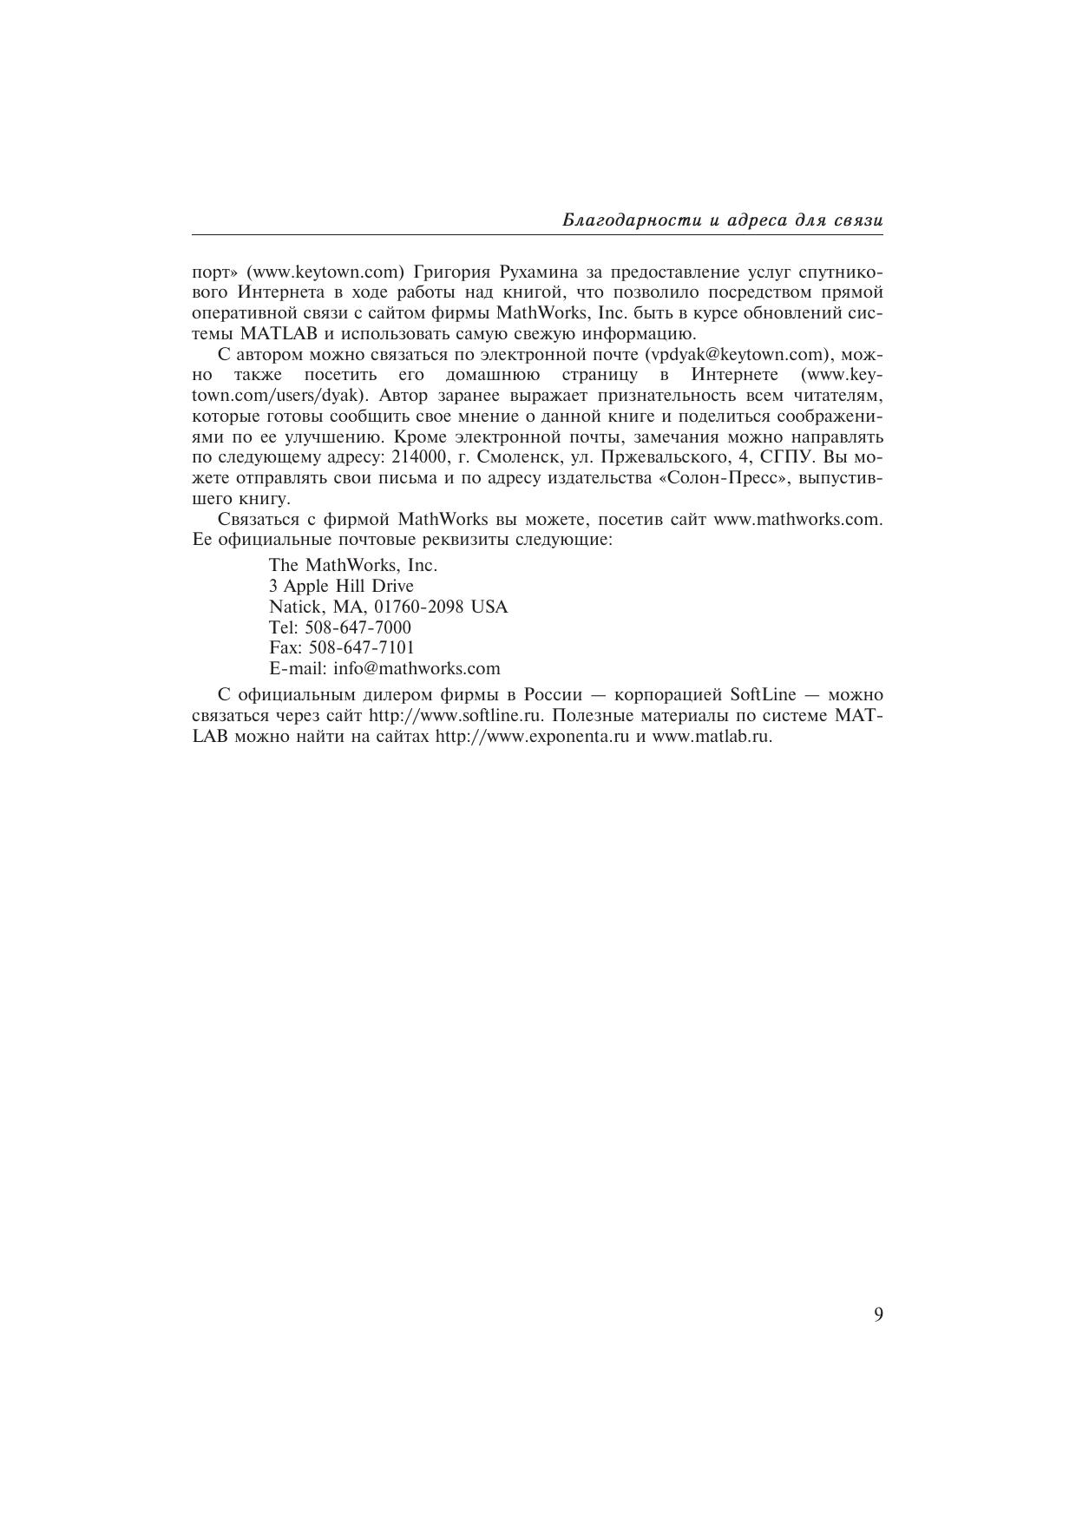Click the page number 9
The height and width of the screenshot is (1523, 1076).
[x=878, y=1315]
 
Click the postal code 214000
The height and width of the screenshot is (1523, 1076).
[x=420, y=457]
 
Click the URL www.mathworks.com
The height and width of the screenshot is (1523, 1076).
[x=797, y=519]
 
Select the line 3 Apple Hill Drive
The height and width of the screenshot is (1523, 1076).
[x=341, y=586]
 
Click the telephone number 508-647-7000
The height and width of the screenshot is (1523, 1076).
[x=358, y=627]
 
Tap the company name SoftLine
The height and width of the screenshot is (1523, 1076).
[x=763, y=695]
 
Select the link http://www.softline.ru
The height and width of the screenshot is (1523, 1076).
[x=456, y=716]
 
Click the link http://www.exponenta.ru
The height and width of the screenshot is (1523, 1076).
[x=531, y=737]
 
